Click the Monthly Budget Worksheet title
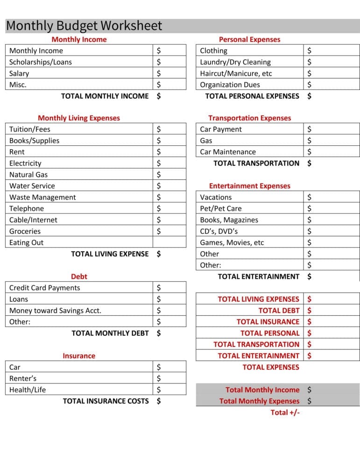pyautogui.click(x=84, y=26)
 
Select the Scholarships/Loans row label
pyautogui.click(x=41, y=62)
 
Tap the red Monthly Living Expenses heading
pyautogui.click(x=79, y=118)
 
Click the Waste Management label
pyautogui.click(x=42, y=197)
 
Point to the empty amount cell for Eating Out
pyautogui.click(x=169, y=242)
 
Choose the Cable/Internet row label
pyautogui.click(x=34, y=220)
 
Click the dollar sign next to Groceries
pyautogui.click(x=159, y=231)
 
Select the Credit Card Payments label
pyautogui.click(x=44, y=288)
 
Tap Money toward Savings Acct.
pyautogui.click(x=55, y=311)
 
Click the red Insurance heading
pyautogui.click(x=79, y=356)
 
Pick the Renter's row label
pyautogui.click(x=23, y=378)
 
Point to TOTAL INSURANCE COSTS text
pyautogui.click(x=106, y=401)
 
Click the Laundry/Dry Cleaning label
pyautogui.click(x=235, y=62)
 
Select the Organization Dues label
pyautogui.click(x=230, y=85)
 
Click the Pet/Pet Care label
pyautogui.click(x=221, y=209)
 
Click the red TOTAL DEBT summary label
pyautogui.click(x=279, y=311)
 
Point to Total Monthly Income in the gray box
pyautogui.click(x=262, y=389)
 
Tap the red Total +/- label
pyautogui.click(x=285, y=412)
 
